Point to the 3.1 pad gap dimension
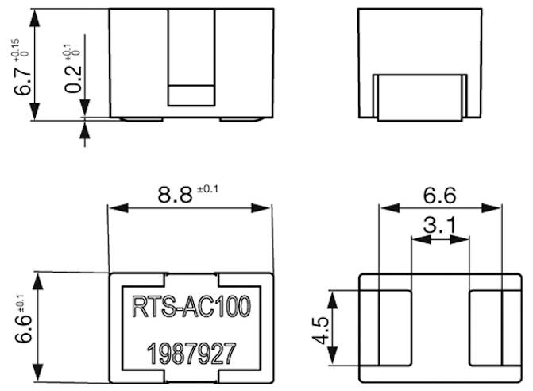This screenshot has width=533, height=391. tap(439, 226)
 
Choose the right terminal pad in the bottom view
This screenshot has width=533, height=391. tap(486, 327)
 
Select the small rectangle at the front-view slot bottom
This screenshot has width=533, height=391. tap(191, 94)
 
